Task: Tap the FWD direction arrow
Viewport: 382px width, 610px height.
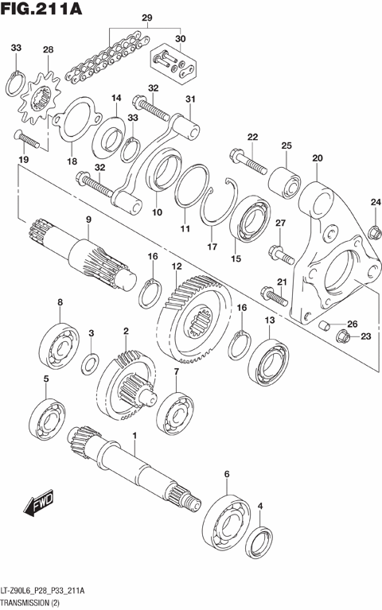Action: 37,503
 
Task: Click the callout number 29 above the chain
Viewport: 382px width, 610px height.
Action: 146,17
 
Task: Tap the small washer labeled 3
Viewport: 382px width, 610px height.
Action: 92,364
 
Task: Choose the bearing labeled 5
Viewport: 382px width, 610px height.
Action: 47,417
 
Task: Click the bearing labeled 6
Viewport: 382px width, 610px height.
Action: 230,520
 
